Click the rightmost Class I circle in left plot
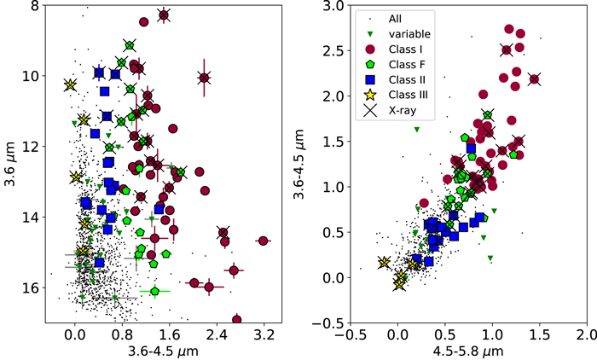click(x=263, y=241)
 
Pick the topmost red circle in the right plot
click(x=509, y=29)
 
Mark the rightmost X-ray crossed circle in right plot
click(x=534, y=79)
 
